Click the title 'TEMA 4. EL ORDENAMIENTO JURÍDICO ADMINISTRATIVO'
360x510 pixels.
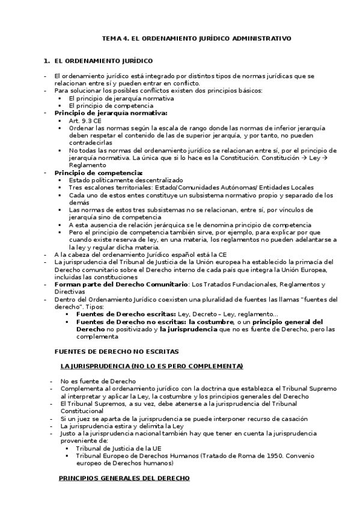[x=197, y=38]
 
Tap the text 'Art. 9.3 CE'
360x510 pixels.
[x=85, y=121]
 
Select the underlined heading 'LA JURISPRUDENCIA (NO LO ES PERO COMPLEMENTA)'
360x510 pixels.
[x=151, y=366]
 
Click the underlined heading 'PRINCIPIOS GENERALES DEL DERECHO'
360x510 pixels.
[x=124, y=478]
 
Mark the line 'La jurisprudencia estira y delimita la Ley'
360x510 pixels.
[x=123, y=426]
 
